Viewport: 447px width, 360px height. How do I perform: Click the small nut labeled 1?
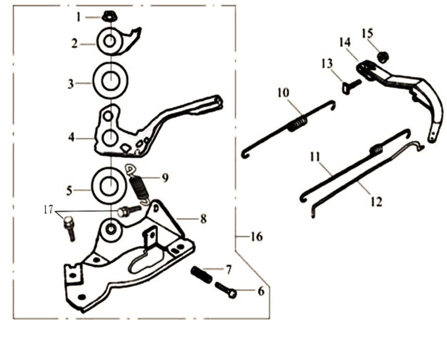(x=109, y=16)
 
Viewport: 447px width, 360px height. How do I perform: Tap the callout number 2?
(x=75, y=44)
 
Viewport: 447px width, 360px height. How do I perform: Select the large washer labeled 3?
(x=111, y=80)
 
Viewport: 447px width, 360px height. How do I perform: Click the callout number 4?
(x=71, y=137)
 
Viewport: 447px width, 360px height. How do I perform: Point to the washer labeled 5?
(x=109, y=186)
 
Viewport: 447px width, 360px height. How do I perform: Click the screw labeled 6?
(x=226, y=289)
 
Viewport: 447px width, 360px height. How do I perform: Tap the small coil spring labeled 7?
(x=202, y=274)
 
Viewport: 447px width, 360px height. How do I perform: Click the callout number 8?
(x=203, y=219)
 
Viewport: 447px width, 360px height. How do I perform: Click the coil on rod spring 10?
(x=298, y=123)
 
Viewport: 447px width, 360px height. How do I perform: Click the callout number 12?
(x=376, y=202)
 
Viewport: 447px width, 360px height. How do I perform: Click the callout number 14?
(x=345, y=43)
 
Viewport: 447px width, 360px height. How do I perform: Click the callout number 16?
(x=256, y=236)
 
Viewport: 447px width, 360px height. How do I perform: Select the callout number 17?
(x=48, y=210)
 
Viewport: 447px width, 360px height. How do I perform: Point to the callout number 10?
(x=283, y=93)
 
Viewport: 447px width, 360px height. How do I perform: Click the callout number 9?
(x=165, y=177)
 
